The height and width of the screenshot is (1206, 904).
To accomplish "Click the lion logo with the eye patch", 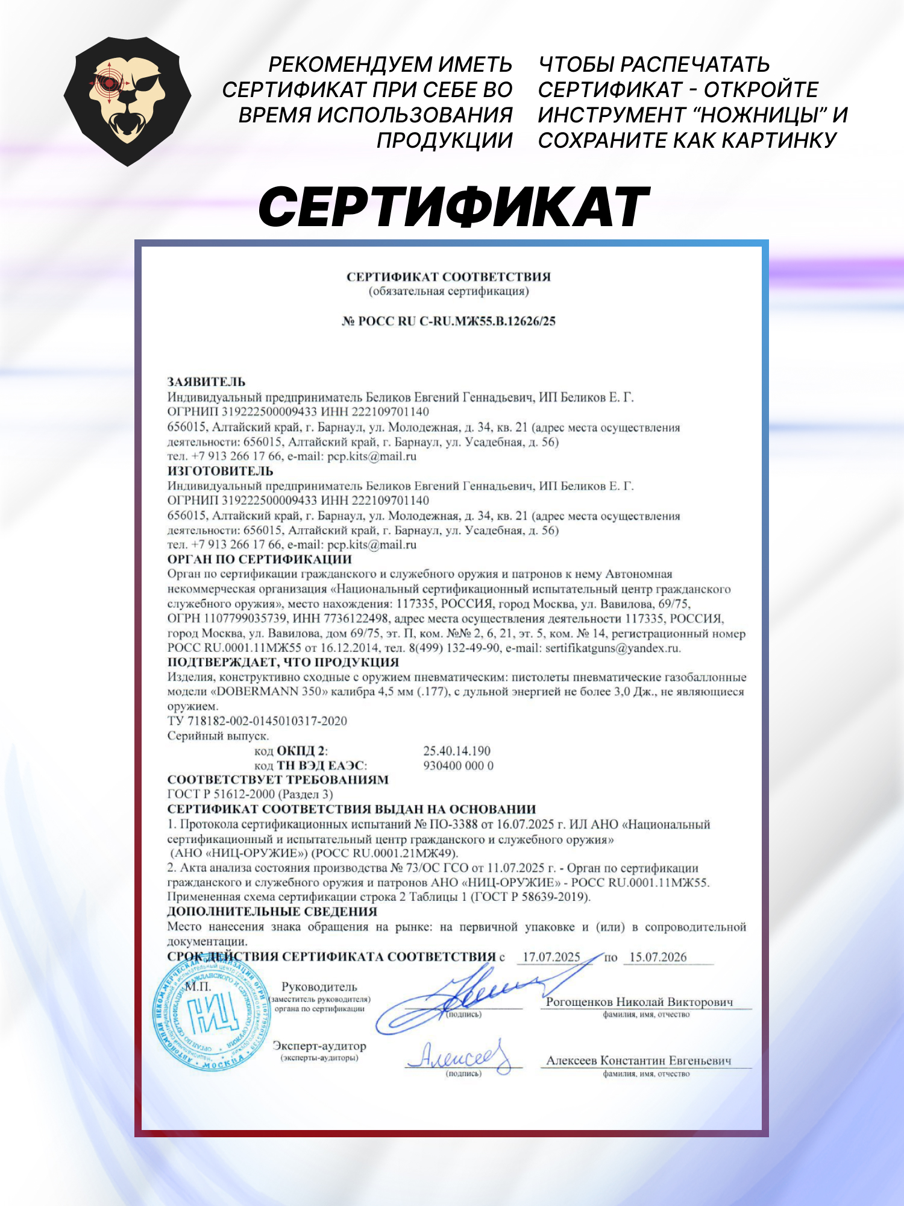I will (127, 101).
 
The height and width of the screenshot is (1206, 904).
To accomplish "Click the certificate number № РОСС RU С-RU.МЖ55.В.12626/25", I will (448, 321).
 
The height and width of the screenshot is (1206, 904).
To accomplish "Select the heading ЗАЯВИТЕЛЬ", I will (206, 382).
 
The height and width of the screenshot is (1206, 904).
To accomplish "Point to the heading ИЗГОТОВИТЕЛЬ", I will (220, 471).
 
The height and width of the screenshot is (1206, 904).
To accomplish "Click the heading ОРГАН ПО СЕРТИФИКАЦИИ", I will (259, 559).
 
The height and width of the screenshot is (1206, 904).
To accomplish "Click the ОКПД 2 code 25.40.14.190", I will (457, 751).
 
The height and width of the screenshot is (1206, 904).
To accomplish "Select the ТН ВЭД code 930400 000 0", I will (458, 766).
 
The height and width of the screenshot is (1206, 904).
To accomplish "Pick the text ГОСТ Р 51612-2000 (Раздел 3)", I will (250, 794).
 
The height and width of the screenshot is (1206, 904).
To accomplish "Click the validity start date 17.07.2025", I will (551, 957).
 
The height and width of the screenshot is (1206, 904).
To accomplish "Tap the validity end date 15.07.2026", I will (658, 957).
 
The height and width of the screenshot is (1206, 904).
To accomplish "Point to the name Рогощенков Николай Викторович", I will (639, 1002).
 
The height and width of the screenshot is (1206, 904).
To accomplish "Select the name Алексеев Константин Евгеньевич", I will (638, 1060).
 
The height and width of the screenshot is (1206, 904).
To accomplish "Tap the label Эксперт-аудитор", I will (319, 1046).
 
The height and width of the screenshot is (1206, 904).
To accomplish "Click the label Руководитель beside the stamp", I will (319, 987).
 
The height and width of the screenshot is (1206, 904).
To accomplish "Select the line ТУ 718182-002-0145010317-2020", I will (257, 721).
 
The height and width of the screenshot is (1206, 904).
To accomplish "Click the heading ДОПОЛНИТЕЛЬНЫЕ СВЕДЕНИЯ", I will (272, 912).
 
